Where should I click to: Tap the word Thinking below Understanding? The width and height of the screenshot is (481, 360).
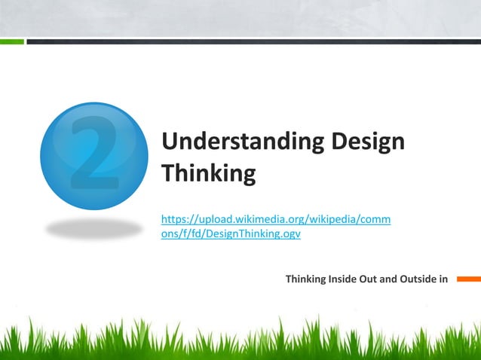click(209, 174)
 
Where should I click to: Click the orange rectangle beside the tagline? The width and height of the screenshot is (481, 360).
click(467, 279)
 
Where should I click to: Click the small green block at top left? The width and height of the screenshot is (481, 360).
click(11, 41)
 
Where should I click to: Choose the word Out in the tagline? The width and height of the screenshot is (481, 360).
click(370, 279)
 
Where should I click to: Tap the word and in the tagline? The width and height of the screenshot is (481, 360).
click(388, 279)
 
